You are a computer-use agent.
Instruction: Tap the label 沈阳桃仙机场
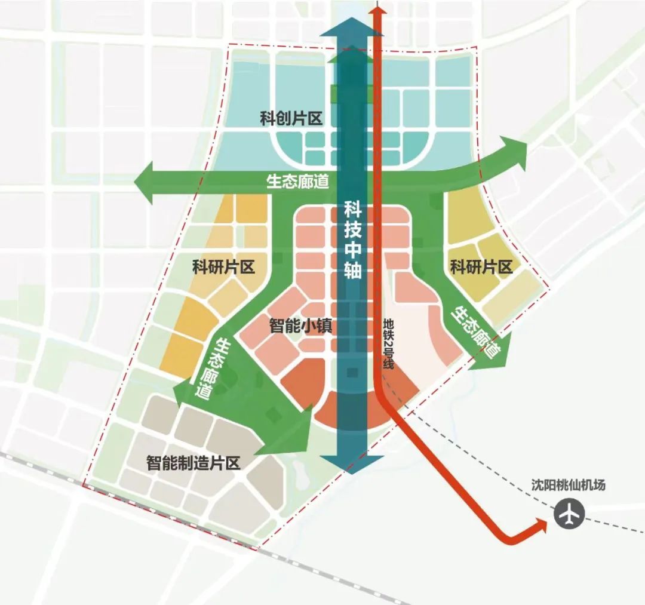[568, 485]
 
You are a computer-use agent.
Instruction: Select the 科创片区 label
[291, 118]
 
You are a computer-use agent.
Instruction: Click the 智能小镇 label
[300, 326]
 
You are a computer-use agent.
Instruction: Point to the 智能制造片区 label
[193, 462]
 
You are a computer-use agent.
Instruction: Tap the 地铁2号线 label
[388, 346]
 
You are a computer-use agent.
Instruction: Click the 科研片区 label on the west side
[223, 266]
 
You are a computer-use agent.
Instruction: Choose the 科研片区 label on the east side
[481, 266]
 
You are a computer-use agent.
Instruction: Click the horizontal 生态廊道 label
[297, 182]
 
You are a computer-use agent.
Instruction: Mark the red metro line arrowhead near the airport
[540, 525]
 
